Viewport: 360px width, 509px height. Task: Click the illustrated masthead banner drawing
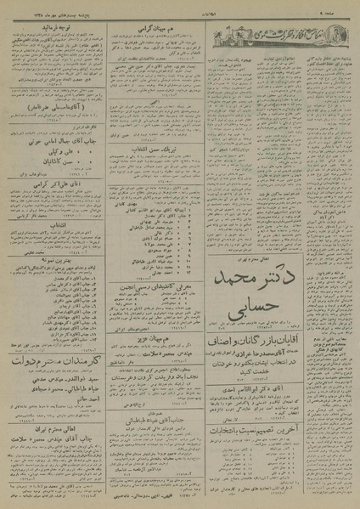click(x=272, y=37)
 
